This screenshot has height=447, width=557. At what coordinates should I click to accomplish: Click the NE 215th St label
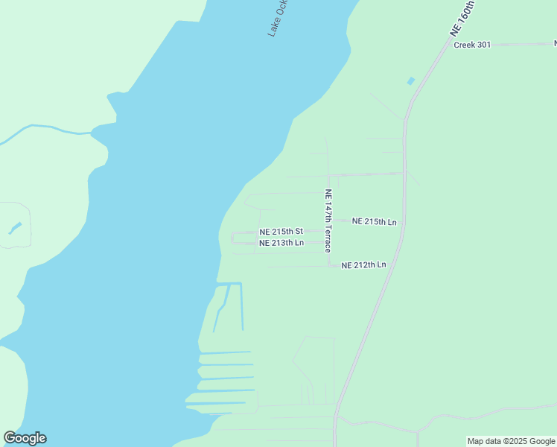[x=281, y=232]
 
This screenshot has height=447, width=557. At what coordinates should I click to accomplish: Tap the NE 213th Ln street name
[x=281, y=243]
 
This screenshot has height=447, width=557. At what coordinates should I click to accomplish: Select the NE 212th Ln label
[x=363, y=265]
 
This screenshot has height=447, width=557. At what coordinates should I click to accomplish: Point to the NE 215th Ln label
[x=374, y=221]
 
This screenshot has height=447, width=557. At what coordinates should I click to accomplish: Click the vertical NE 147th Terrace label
[x=328, y=220]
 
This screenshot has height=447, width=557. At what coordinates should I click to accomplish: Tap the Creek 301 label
[x=472, y=45]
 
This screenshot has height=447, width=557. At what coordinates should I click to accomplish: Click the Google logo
[x=25, y=438]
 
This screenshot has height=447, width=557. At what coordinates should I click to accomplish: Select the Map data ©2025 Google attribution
[x=511, y=441]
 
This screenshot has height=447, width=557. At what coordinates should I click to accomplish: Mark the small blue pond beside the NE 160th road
[x=410, y=80]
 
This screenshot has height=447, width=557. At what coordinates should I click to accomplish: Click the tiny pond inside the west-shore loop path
[x=15, y=228]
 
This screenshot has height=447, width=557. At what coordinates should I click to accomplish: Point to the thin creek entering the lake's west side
[x=45, y=129]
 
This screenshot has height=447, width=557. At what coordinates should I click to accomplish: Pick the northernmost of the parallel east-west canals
[x=225, y=352]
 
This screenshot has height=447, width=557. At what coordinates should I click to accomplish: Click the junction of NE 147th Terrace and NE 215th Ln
[x=329, y=221]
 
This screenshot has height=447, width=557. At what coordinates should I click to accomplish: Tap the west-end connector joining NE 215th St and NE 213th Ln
[x=232, y=238]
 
